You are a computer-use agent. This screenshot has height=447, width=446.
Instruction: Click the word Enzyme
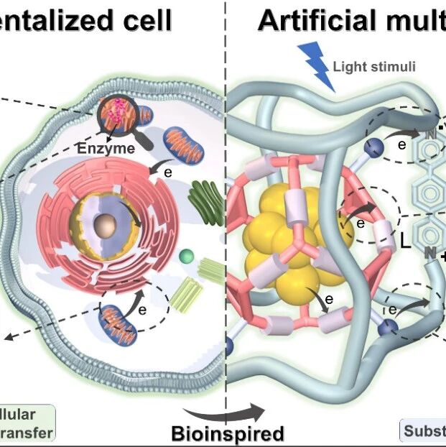coord(106,149)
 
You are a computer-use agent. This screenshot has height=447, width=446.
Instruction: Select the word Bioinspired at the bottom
coord(228,433)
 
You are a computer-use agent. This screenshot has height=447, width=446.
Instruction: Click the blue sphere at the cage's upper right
coord(374,149)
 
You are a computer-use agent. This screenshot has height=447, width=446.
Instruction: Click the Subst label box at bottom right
coord(423,431)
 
